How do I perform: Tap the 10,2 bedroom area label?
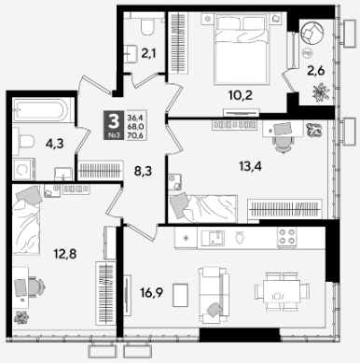[241, 95]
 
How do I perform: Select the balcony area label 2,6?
[315, 71]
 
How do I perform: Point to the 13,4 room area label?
[250, 167]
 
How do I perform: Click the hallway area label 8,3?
[143, 171]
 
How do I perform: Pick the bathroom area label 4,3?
[54, 144]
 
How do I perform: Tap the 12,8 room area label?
[65, 255]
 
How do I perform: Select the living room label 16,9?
[152, 292]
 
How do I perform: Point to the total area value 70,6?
[135, 135]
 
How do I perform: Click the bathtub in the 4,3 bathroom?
[40, 110]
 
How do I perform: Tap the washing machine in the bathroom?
[23, 170]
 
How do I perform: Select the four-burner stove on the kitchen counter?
[287, 236]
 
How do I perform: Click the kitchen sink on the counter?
[213, 238]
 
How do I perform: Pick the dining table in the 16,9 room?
[282, 291]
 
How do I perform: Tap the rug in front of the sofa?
[180, 295]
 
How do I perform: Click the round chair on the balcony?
[312, 32]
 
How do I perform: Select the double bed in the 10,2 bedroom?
[242, 49]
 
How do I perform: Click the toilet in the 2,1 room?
[147, 26]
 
